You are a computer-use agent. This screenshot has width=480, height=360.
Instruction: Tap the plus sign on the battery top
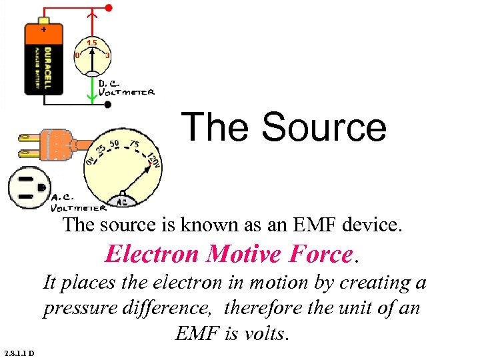click(x=44, y=29)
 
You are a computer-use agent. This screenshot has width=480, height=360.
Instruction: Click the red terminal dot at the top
click(x=109, y=8)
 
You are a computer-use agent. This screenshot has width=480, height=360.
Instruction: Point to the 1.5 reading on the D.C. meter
click(x=92, y=43)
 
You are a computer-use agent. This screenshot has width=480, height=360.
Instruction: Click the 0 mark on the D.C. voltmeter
click(x=77, y=55)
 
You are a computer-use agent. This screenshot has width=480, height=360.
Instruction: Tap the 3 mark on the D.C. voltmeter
click(x=107, y=55)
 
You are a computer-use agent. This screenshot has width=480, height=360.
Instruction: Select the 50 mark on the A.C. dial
click(x=114, y=144)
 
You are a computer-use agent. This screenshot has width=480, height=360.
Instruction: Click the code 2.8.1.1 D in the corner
click(x=23, y=353)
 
